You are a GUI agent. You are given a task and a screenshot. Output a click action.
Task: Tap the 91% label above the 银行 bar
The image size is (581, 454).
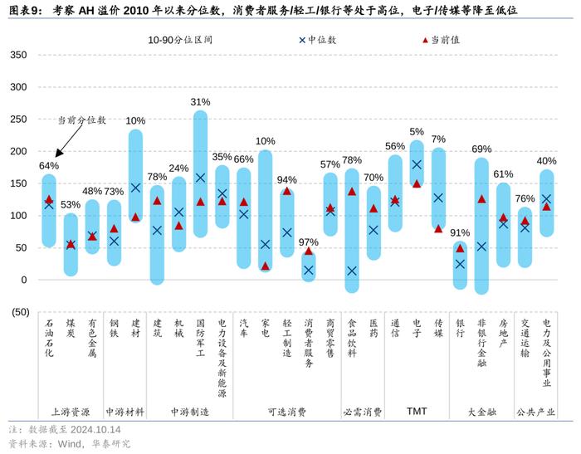point(460,233)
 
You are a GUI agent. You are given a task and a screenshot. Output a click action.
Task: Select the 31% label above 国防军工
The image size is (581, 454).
point(200,102)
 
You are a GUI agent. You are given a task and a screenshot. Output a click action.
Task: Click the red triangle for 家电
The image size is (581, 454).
point(266,266)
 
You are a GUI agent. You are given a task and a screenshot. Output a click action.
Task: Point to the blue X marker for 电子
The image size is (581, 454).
point(417,164)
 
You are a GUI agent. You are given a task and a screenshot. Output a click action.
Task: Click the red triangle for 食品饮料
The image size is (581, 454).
point(352,192)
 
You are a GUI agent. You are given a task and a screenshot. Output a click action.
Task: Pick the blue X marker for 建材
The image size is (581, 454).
point(135,188)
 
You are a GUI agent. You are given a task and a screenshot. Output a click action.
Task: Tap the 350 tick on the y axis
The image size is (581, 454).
point(17,56)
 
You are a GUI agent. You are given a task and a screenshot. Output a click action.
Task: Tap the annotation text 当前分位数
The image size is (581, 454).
point(81,120)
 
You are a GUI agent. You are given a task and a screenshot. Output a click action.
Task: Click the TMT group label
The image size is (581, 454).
point(417,411)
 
